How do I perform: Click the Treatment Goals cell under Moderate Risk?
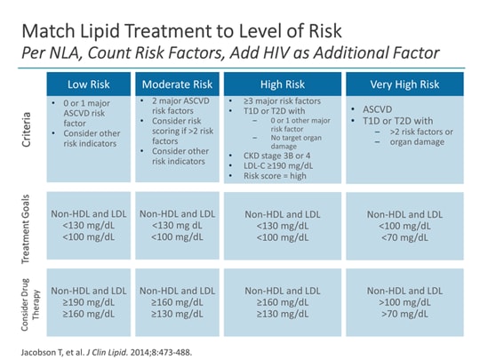click(x=179, y=227)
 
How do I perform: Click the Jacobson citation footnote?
click(x=108, y=346)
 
